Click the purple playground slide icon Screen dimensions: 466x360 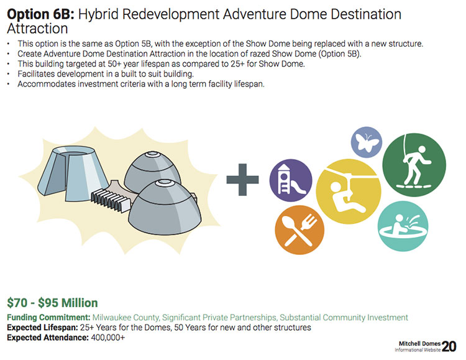click(x=291, y=180)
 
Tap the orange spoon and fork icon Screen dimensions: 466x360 click(x=299, y=229)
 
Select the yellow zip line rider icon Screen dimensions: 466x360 click(x=349, y=192)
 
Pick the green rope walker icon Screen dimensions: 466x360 click(x=414, y=165)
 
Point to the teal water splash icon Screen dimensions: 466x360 click(x=403, y=226)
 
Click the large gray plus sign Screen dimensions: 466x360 click(x=242, y=180)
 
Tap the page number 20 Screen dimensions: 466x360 click(x=449, y=346)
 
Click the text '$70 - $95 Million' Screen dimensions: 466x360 click(x=52, y=303)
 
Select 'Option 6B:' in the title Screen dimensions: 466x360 click(x=41, y=14)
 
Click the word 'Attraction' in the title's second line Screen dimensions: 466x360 click(x=37, y=29)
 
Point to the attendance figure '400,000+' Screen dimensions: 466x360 click(x=108, y=338)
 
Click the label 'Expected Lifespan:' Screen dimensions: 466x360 click(x=42, y=328)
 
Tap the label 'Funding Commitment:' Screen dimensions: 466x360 click(x=48, y=318)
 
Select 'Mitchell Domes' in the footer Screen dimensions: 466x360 click(x=419, y=344)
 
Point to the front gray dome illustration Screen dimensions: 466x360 click(x=165, y=207)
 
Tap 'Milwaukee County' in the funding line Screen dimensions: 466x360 click(x=126, y=318)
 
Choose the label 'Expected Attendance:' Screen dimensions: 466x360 click(x=48, y=338)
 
